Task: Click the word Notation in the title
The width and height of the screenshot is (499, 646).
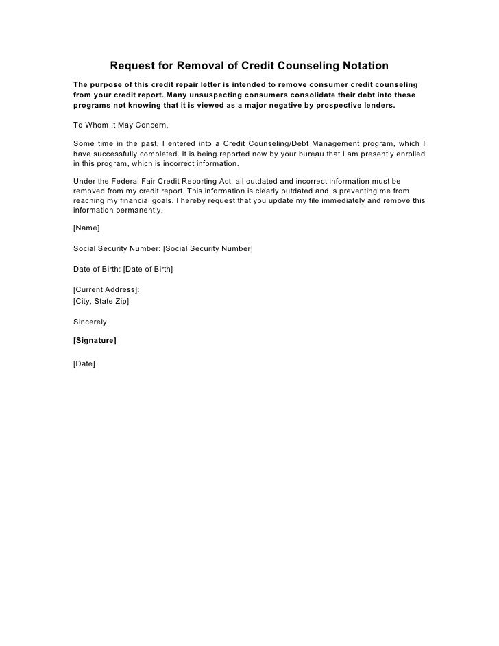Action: (362, 66)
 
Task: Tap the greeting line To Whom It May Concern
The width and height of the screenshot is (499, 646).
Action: (120, 125)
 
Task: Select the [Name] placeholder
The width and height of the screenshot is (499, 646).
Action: (86, 227)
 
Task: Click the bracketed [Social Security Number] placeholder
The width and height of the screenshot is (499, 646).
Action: (208, 248)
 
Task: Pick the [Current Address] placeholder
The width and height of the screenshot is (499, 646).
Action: (106, 289)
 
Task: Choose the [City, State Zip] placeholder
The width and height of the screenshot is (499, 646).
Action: (100, 300)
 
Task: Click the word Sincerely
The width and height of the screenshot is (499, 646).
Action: (90, 321)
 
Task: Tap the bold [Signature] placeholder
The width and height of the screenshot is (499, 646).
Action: (94, 340)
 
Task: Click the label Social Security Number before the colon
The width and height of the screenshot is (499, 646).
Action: (115, 248)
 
